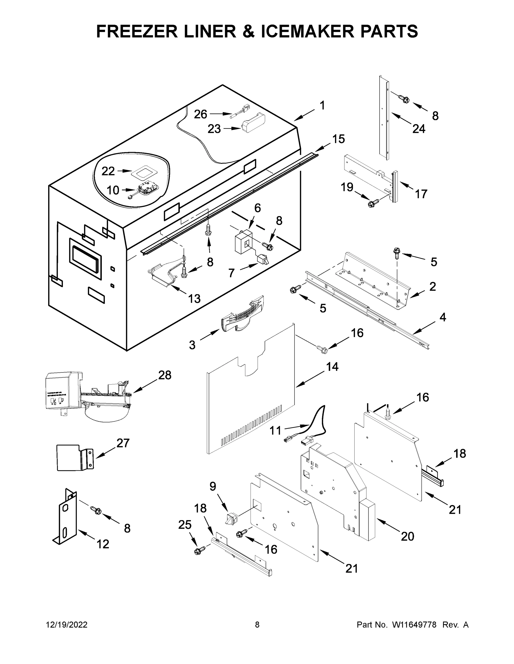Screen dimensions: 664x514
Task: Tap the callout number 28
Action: pos(165,375)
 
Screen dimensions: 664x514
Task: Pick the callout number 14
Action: pos(332,367)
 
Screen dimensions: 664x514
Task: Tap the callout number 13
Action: pos(194,299)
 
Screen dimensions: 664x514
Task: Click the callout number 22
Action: pos(108,171)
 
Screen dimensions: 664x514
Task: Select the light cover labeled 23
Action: pos(253,123)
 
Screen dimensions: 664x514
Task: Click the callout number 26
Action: pos(200,114)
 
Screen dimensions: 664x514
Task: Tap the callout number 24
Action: pos(419,129)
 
